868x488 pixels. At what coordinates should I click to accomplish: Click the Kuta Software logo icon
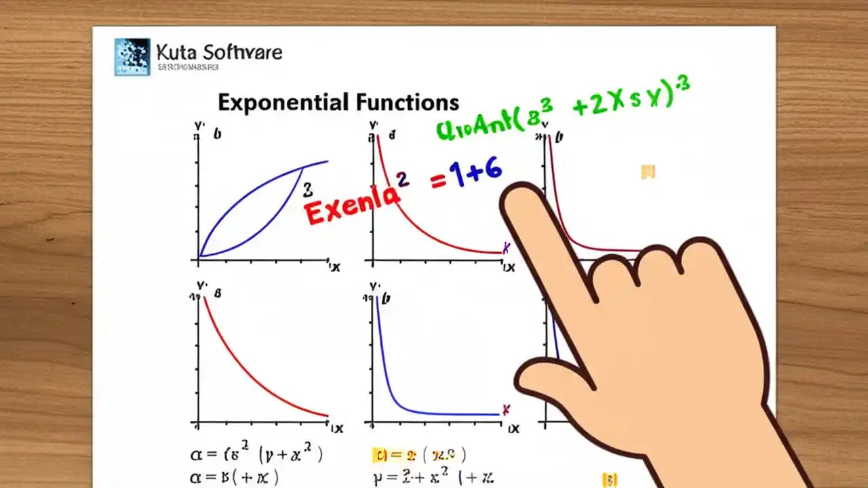tap(132, 56)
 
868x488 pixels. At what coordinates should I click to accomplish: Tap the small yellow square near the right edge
tap(648, 172)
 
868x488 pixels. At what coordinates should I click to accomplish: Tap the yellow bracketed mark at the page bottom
tap(610, 480)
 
